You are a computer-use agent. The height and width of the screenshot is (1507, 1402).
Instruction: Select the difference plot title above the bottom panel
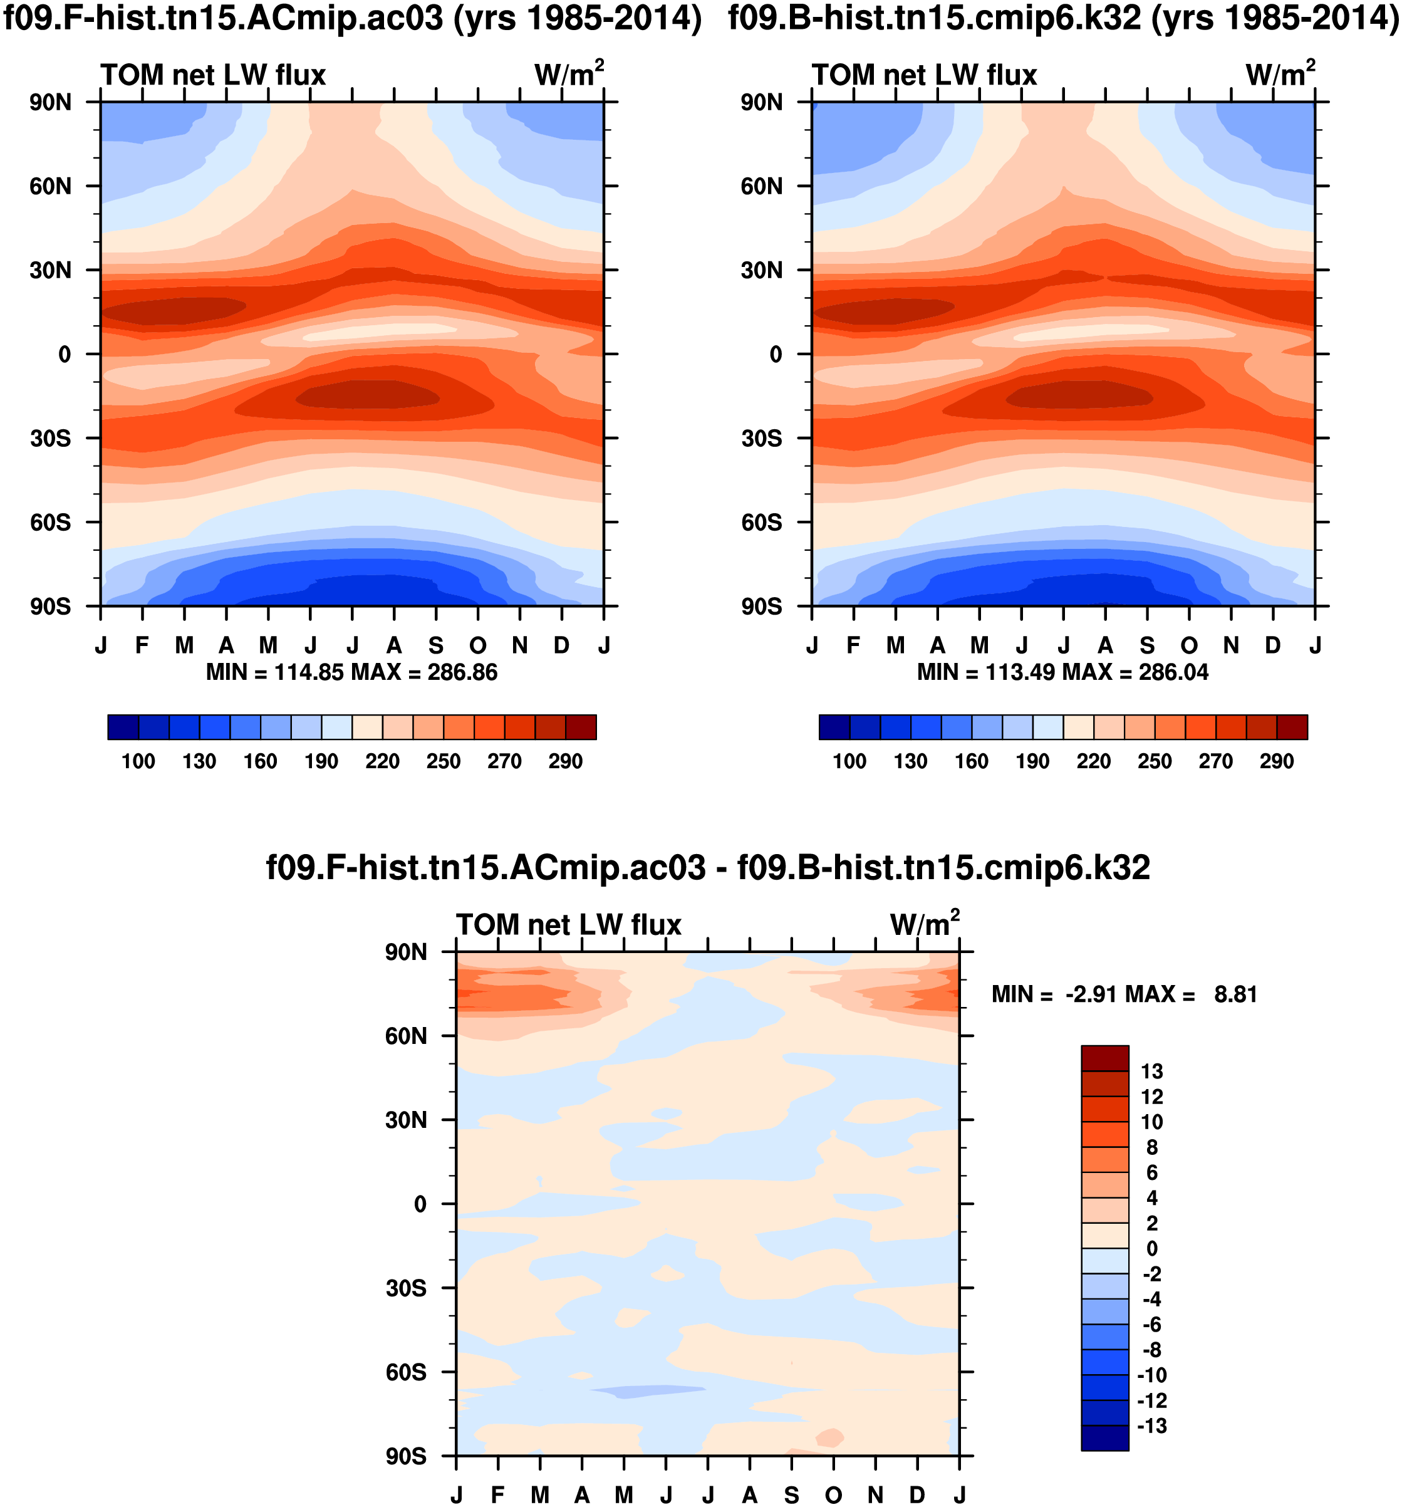[x=708, y=867]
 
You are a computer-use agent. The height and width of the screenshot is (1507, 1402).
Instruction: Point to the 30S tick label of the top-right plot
[x=761, y=439]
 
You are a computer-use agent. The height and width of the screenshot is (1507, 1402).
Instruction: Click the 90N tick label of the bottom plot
[x=405, y=952]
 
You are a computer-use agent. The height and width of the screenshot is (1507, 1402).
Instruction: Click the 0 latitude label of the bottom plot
[x=420, y=1204]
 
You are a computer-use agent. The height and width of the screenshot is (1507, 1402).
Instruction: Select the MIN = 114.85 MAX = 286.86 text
[x=351, y=672]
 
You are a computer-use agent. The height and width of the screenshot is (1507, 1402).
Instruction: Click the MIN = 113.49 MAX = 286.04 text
[x=1062, y=672]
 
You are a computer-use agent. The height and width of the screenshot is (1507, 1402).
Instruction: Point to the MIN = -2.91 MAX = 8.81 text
[x=1124, y=994]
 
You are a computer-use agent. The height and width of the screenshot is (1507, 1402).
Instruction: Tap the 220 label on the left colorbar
[x=382, y=761]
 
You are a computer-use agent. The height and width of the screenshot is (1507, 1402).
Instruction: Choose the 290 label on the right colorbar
[x=1276, y=761]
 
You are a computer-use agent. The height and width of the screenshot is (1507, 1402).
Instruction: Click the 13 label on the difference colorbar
[x=1151, y=1071]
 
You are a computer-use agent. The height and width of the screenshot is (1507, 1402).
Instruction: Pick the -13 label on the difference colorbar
[x=1151, y=1426]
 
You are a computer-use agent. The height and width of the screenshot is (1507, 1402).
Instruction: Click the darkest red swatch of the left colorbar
[x=581, y=726]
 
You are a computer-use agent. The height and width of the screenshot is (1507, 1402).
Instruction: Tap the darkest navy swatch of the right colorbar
[x=834, y=726]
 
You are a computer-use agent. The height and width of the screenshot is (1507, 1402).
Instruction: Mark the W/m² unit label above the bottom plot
[x=925, y=924]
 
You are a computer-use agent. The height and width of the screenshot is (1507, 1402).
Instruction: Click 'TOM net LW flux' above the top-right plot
[x=924, y=75]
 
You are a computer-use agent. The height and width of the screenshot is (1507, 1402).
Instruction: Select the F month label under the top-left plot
[x=142, y=646]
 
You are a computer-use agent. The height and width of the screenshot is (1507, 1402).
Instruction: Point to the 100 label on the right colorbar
[x=849, y=761]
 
